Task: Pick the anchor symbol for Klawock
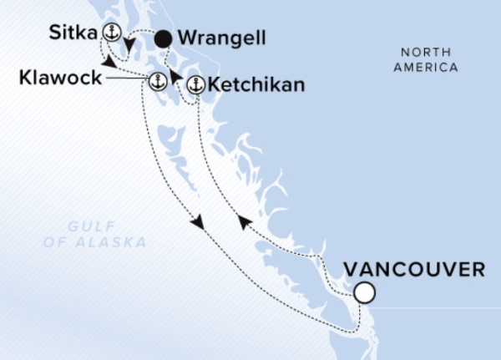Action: [x=155, y=81]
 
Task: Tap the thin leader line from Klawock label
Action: [x=125, y=80]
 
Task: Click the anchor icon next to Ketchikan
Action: [x=195, y=84]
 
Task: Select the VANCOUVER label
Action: [x=415, y=270]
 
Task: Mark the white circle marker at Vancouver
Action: [x=363, y=293]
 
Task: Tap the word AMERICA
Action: [x=428, y=68]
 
